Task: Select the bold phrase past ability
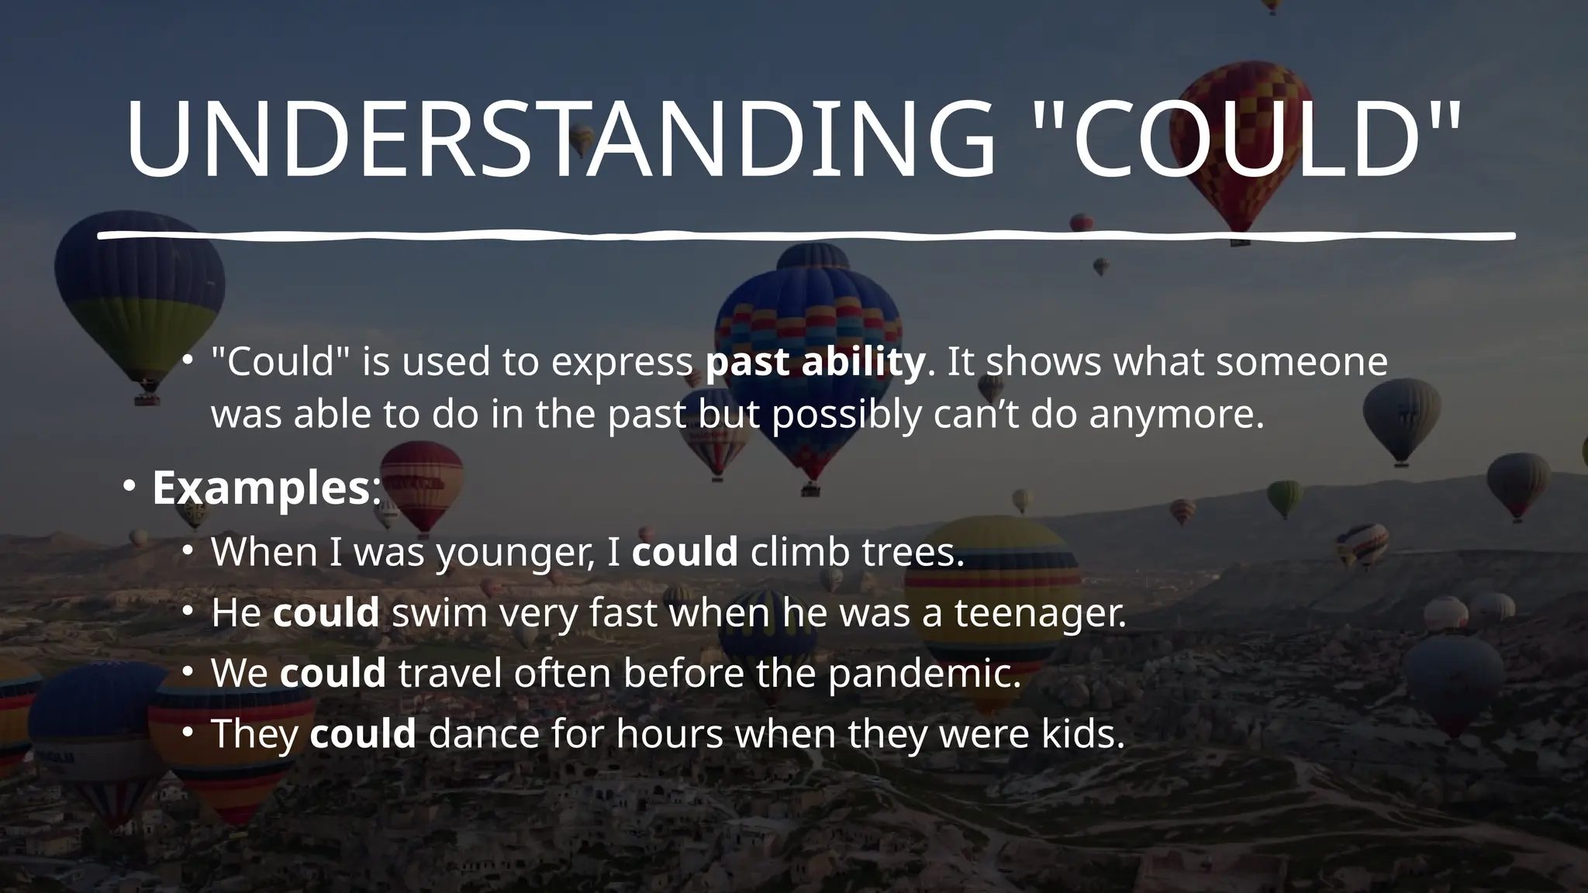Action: pos(815,362)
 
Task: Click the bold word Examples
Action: pos(261,488)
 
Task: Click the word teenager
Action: pos(1040,613)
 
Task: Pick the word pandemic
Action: pos(924,673)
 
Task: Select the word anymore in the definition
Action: pos(1175,415)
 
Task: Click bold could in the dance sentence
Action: pos(363,733)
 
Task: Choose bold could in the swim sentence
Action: pos(326,613)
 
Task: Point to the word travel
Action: pos(451,673)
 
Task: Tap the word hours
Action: pos(669,733)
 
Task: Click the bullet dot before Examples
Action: pos(129,488)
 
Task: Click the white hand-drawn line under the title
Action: pos(806,235)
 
